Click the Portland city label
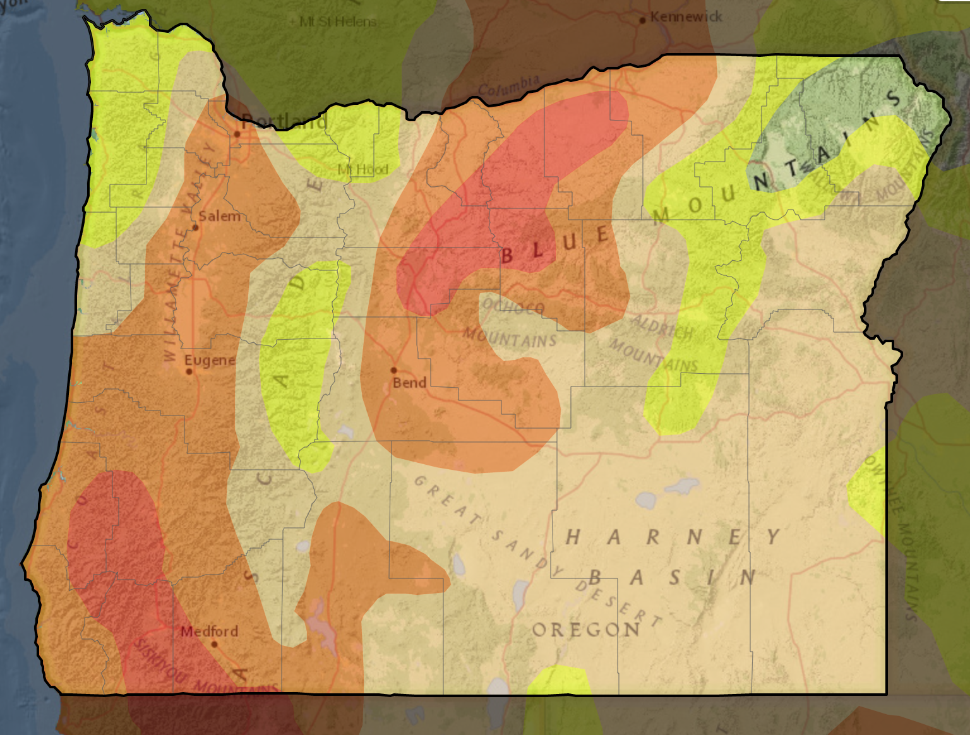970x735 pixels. coord(284,121)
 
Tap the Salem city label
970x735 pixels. coord(219,216)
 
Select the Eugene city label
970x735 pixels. coord(209,360)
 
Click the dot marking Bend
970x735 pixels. coord(393,371)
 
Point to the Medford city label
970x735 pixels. coord(209,631)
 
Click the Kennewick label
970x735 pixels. coord(686,16)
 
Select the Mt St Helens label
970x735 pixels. coord(338,21)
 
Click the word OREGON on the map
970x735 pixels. coord(586,630)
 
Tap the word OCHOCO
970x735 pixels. coord(513,307)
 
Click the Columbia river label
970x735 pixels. coord(508,85)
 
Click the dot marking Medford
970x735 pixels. coord(214,645)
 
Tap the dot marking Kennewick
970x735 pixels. coord(642,20)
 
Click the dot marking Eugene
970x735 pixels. coord(189,371)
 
